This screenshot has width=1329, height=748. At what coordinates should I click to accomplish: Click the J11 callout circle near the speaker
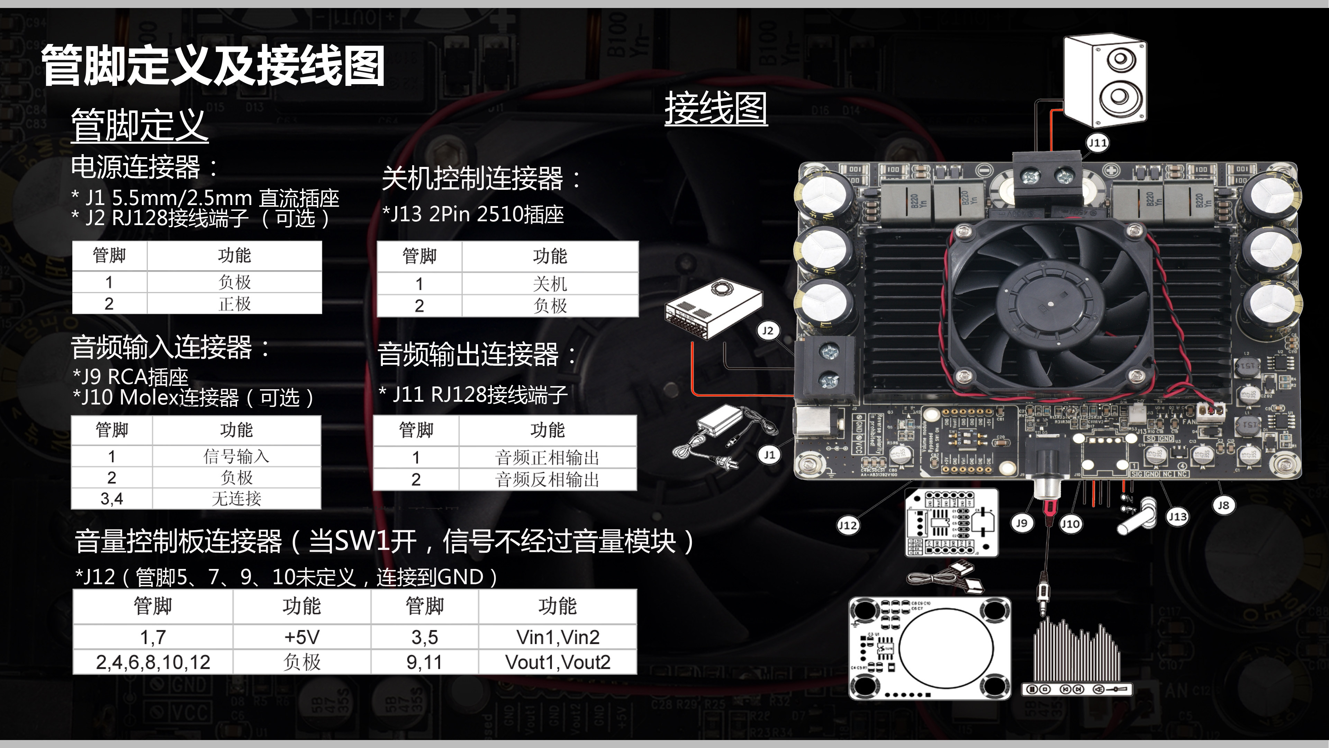click(x=1097, y=143)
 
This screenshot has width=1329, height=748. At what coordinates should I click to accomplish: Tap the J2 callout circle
click(x=768, y=331)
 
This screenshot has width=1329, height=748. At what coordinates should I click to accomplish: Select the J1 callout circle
click(x=769, y=455)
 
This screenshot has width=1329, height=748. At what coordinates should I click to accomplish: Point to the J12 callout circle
click(x=848, y=526)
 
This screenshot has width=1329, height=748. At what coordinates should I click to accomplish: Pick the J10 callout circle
click(x=1070, y=524)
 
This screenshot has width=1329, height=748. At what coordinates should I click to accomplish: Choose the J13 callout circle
click(x=1177, y=516)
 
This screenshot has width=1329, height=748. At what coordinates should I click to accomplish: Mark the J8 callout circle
click(x=1223, y=505)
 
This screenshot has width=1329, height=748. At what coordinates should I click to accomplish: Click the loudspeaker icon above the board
click(x=1104, y=80)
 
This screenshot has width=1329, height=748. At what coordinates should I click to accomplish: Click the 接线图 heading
click(x=716, y=108)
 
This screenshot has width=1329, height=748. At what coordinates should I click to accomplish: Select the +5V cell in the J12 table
click(x=302, y=637)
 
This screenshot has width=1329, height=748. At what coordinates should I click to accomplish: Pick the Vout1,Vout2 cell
click(x=558, y=662)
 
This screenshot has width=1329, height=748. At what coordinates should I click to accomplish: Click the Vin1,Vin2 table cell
click(x=558, y=637)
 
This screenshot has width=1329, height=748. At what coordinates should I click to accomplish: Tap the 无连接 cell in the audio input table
click(x=236, y=499)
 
